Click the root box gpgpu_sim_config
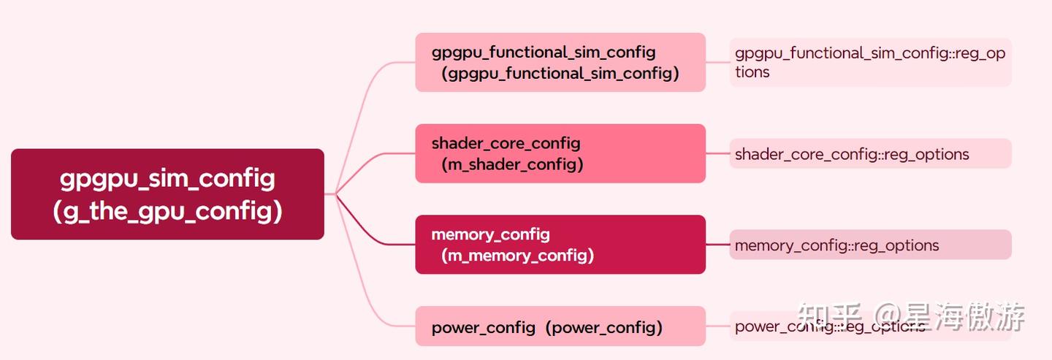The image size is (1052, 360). (167, 179)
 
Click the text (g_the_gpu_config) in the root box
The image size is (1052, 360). (167, 211)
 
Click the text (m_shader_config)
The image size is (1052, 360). (512, 164)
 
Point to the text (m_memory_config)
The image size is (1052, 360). (517, 256)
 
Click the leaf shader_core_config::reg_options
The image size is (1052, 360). (852, 154)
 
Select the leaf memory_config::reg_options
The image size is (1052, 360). (836, 245)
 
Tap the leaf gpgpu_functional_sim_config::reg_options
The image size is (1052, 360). (869, 62)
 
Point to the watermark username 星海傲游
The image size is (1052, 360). (964, 316)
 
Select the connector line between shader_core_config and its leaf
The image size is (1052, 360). (717, 153)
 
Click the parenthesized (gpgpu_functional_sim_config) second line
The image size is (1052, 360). (560, 74)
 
